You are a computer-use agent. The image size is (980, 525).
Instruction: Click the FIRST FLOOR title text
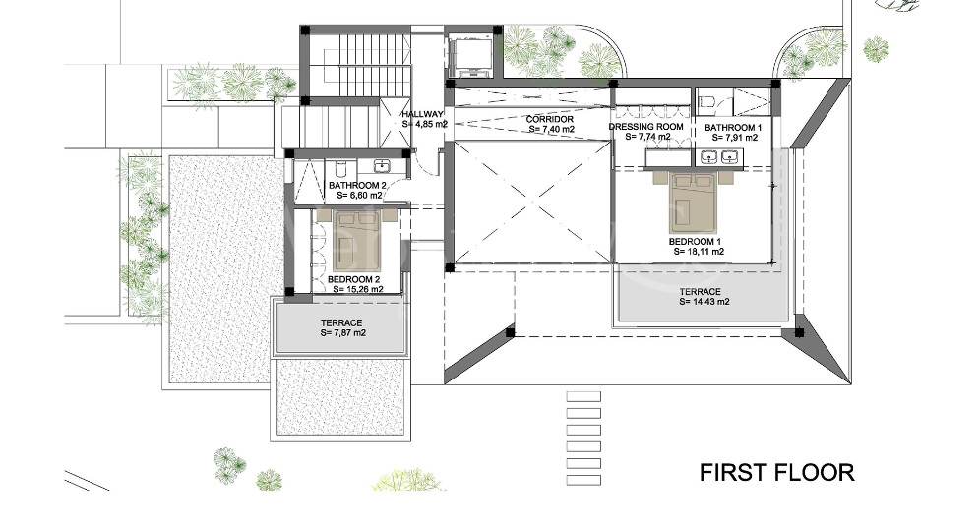tap(776, 472)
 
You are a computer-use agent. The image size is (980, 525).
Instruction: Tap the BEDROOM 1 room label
tap(697, 241)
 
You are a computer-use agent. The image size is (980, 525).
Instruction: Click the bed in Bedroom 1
tap(699, 202)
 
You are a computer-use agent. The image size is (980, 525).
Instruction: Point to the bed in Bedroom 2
tap(355, 241)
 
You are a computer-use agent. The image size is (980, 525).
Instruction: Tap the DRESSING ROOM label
tap(645, 128)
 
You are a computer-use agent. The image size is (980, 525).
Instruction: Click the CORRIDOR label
tap(549, 119)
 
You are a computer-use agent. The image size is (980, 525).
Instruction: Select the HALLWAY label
tap(423, 115)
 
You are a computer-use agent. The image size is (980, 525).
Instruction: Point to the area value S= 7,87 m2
tap(342, 333)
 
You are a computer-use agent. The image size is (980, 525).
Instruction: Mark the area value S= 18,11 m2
tap(699, 252)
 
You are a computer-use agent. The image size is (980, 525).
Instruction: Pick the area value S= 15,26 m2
tap(354, 290)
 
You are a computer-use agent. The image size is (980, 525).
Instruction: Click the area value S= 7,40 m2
tap(549, 129)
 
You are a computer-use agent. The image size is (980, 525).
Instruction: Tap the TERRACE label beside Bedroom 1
tap(700, 292)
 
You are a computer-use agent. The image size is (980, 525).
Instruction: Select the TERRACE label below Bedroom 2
tap(341, 323)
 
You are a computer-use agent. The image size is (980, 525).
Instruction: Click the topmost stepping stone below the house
tap(583, 395)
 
